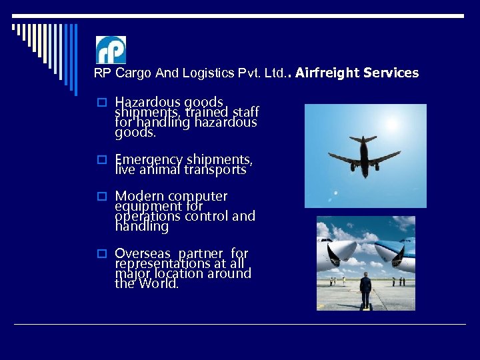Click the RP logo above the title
pos(111,50)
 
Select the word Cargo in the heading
pos(133,73)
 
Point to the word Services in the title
pos(391,73)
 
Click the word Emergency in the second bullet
pos(148,160)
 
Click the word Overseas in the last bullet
pos(143,254)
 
